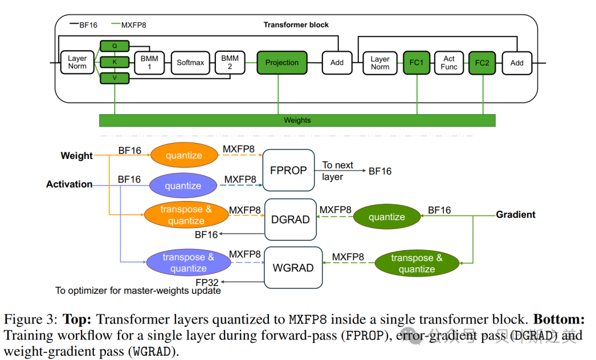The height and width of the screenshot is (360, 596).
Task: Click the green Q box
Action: pos(114,46)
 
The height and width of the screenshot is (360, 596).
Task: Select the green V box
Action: pos(114,78)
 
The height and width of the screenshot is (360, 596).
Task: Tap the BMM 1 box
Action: pos(150,63)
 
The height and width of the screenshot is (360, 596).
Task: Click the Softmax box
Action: pos(190,63)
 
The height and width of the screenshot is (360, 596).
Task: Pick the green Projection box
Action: pos(281,63)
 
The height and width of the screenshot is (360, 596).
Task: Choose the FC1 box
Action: pos(417,63)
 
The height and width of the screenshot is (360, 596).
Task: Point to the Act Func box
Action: pos(449,63)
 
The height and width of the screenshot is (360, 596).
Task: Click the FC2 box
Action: pos(482,63)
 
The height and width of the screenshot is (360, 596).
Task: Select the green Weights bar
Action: pos(297,120)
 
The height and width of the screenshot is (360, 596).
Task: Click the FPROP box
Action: pos(289,170)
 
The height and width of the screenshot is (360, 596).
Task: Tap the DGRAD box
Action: pos(290,219)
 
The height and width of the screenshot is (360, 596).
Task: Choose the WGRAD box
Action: pos(293,268)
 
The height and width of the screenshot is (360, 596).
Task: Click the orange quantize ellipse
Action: pos(184,155)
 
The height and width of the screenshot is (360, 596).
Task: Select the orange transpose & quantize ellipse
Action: pos(187,215)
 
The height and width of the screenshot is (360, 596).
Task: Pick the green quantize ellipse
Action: pos(387,216)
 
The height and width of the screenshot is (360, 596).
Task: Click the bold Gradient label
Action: pos(515,215)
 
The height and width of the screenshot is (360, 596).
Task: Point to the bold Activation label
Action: pos(69,184)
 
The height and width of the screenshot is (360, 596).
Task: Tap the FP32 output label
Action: pos(207,283)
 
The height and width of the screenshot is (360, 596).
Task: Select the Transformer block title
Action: pos(296,25)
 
